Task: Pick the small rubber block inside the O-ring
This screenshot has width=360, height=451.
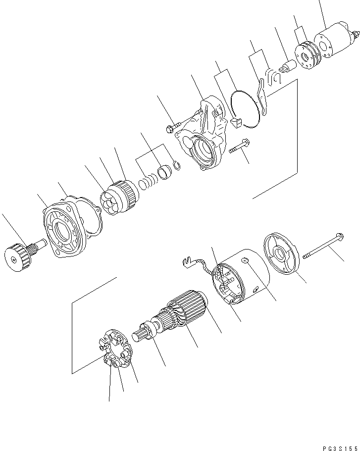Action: [236, 122]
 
